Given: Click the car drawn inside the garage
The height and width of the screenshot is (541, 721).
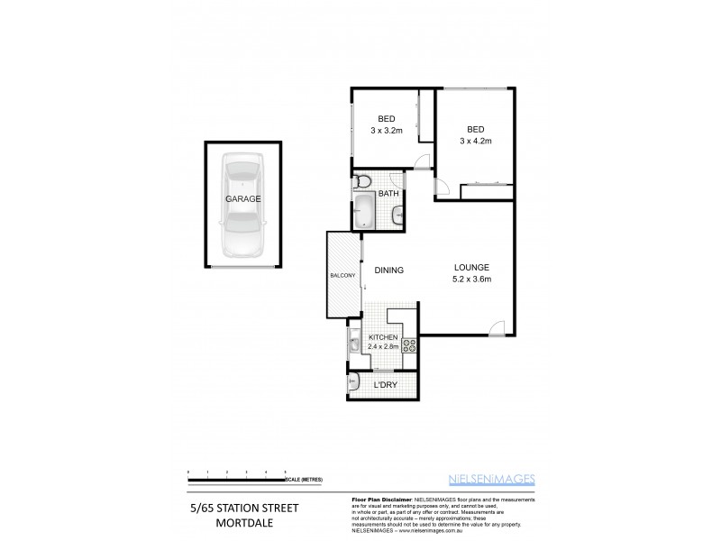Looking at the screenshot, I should [x=242, y=205].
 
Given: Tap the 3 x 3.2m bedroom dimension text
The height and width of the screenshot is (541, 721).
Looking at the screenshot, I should [x=384, y=131].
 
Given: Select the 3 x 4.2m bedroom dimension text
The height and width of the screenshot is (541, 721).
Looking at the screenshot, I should [x=475, y=141].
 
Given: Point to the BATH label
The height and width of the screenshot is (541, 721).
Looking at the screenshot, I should [x=388, y=194].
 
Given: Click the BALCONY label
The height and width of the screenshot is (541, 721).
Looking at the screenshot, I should [x=342, y=274].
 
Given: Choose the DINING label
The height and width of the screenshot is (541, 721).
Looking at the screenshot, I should [x=385, y=270].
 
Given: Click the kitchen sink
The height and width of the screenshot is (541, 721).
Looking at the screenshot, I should [x=355, y=343].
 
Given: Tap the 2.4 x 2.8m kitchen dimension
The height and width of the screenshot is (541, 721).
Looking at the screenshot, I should [x=382, y=345].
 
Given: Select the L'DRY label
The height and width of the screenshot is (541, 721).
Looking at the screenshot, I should [x=385, y=386].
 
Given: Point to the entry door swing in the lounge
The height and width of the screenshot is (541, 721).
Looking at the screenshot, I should [x=496, y=326].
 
